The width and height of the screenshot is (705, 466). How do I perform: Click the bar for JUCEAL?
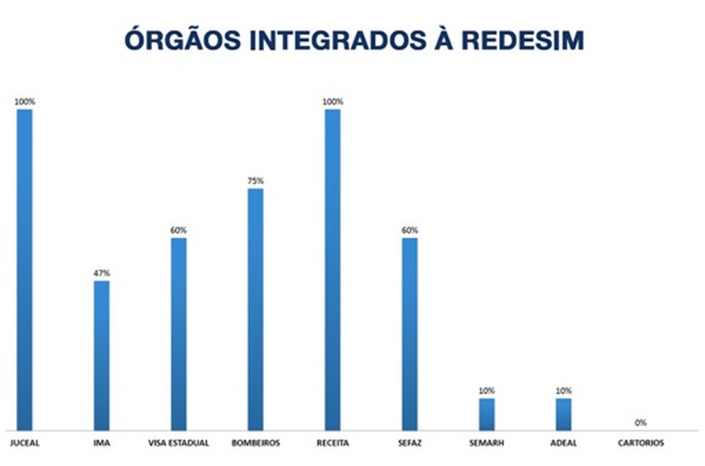(25, 269)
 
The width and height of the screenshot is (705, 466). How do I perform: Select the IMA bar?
(102, 355)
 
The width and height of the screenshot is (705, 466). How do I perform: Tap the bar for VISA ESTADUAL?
(179, 333)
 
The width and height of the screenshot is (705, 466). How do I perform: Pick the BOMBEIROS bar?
(256, 309)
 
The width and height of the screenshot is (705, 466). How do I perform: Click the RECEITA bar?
(332, 269)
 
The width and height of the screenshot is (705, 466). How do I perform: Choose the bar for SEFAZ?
(409, 333)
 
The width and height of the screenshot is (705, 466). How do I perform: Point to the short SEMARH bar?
(486, 413)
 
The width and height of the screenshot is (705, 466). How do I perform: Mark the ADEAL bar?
(563, 413)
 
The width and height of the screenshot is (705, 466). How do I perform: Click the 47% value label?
(102, 273)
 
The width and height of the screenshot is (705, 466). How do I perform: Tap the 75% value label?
(256, 181)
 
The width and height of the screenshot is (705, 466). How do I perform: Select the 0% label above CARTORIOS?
(640, 422)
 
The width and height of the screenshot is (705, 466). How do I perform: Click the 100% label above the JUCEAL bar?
(25, 102)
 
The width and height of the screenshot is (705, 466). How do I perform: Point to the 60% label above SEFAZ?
(409, 230)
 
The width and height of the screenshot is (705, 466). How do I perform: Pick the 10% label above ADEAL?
(563, 391)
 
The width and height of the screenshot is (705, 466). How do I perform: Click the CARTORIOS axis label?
(640, 442)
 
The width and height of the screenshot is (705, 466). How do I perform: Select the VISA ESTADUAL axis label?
(179, 442)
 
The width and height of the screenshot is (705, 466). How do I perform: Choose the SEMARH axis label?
(486, 442)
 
